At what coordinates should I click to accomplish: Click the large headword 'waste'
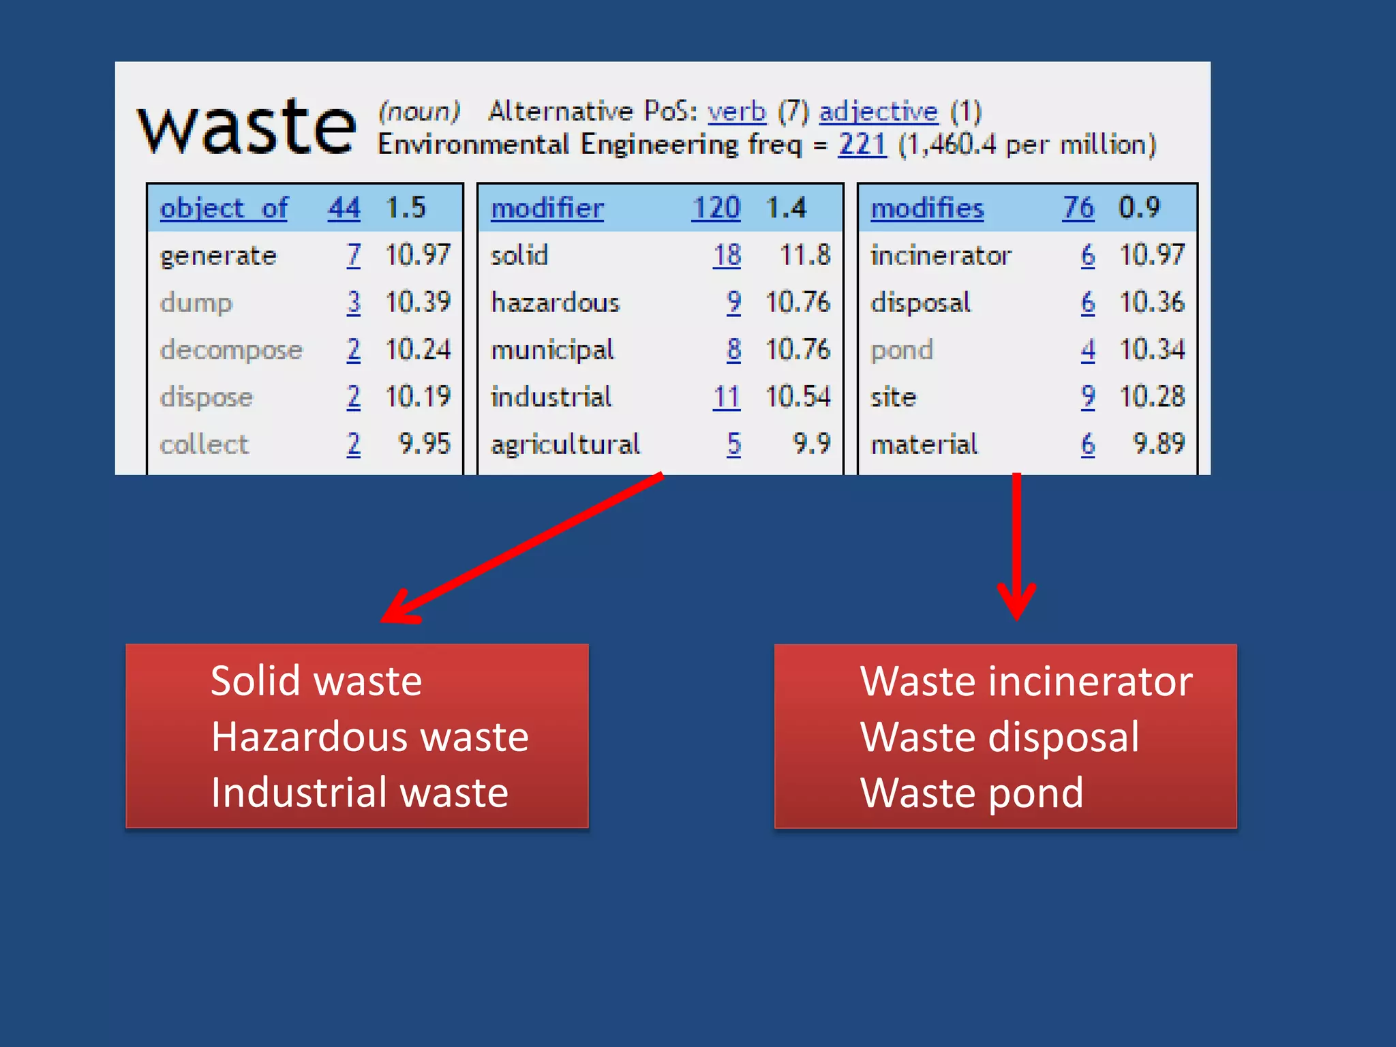click(247, 128)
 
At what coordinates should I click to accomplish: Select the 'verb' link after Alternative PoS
click(737, 112)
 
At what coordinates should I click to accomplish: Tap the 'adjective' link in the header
click(879, 112)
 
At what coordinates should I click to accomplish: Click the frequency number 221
click(862, 145)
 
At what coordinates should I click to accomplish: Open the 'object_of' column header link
click(224, 208)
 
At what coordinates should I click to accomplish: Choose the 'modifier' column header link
click(547, 208)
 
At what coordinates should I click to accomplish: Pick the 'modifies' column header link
click(927, 208)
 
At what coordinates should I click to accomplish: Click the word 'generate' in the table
click(218, 256)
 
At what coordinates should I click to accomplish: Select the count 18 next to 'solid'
click(727, 256)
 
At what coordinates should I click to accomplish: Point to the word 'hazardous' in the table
click(555, 303)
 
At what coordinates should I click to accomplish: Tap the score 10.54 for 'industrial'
click(798, 397)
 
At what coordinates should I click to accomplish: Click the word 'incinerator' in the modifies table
click(941, 256)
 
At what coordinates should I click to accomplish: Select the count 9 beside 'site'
click(1088, 397)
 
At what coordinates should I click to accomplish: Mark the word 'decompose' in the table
click(231, 350)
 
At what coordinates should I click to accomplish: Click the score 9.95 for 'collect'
click(424, 444)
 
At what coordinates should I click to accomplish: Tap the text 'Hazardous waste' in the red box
click(369, 737)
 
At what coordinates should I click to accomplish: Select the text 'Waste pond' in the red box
click(971, 793)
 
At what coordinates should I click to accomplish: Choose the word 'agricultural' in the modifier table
click(565, 444)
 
